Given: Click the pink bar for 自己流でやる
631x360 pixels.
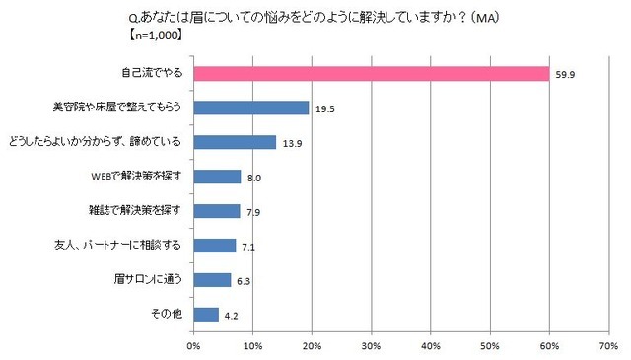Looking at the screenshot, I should pyautogui.click(x=371, y=73).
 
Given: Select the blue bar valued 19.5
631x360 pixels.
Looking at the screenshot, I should pyautogui.click(x=251, y=108).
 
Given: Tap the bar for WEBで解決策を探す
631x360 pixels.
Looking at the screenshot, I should pyautogui.click(x=217, y=177).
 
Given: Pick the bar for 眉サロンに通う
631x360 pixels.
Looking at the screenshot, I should pyautogui.click(x=212, y=280).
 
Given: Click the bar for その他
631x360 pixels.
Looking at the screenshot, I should pyautogui.click(x=206, y=315).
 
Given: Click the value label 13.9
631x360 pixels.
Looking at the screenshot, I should pyautogui.click(x=291, y=142).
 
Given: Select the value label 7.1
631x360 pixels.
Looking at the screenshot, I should pyautogui.click(x=248, y=246).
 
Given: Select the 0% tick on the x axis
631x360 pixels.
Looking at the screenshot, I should pyautogui.click(x=193, y=346).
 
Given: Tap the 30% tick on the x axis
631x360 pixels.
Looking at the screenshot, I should pyautogui.click(x=372, y=346).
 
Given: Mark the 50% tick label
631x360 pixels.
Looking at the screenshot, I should pyautogui.click(x=490, y=346).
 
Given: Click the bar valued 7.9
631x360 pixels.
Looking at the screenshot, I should pyautogui.click(x=217, y=211).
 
